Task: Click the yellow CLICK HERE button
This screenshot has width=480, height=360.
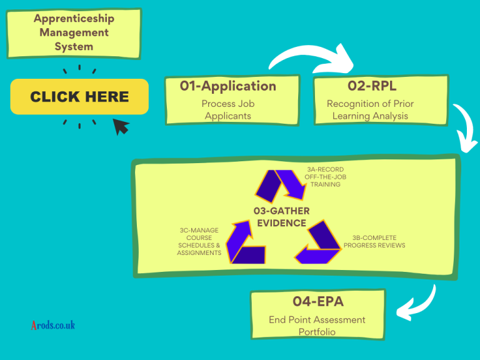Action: (x=79, y=97)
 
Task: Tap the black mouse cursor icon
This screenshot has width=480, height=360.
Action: (x=121, y=127)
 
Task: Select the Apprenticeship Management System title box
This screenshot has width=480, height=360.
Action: (x=74, y=32)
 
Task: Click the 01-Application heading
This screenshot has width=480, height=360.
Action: (x=228, y=86)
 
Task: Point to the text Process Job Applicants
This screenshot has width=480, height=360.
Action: (x=228, y=109)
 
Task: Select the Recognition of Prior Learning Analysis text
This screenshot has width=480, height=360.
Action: (x=370, y=109)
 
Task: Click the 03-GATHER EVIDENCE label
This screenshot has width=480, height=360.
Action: (x=281, y=217)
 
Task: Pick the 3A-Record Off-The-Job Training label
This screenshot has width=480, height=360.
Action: (x=325, y=177)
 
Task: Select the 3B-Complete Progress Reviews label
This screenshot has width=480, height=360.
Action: (x=374, y=241)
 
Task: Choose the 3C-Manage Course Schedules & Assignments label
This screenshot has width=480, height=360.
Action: (x=199, y=241)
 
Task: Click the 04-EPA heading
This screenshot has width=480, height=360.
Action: (x=318, y=302)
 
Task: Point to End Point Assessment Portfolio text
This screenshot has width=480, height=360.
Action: (x=317, y=326)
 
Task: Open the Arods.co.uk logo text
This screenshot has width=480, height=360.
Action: (x=53, y=325)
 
